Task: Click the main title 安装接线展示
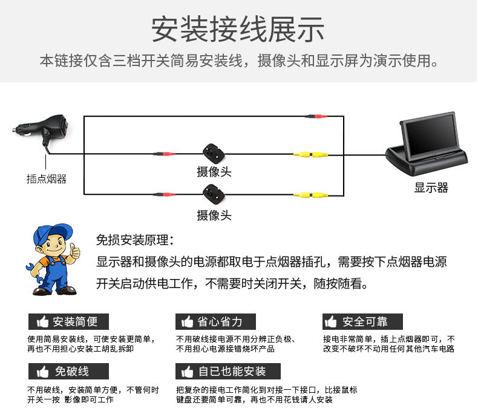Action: [237, 29]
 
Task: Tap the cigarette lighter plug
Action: [41, 130]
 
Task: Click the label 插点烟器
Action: [47, 179]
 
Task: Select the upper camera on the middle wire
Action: [214, 154]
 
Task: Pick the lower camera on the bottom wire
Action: [214, 194]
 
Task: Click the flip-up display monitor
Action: [427, 143]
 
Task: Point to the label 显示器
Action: [431, 188]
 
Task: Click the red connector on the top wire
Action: [316, 116]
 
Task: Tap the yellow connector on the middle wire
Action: [310, 155]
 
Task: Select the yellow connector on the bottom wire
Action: [310, 195]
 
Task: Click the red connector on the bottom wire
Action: [164, 194]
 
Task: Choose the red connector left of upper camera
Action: [164, 154]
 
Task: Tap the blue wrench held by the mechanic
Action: [34, 274]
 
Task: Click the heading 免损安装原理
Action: [135, 240]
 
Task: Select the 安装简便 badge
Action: [68, 321]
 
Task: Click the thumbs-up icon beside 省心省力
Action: [187, 321]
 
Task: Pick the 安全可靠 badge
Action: [362, 321]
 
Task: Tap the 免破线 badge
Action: [68, 371]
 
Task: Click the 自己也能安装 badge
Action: [228, 371]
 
